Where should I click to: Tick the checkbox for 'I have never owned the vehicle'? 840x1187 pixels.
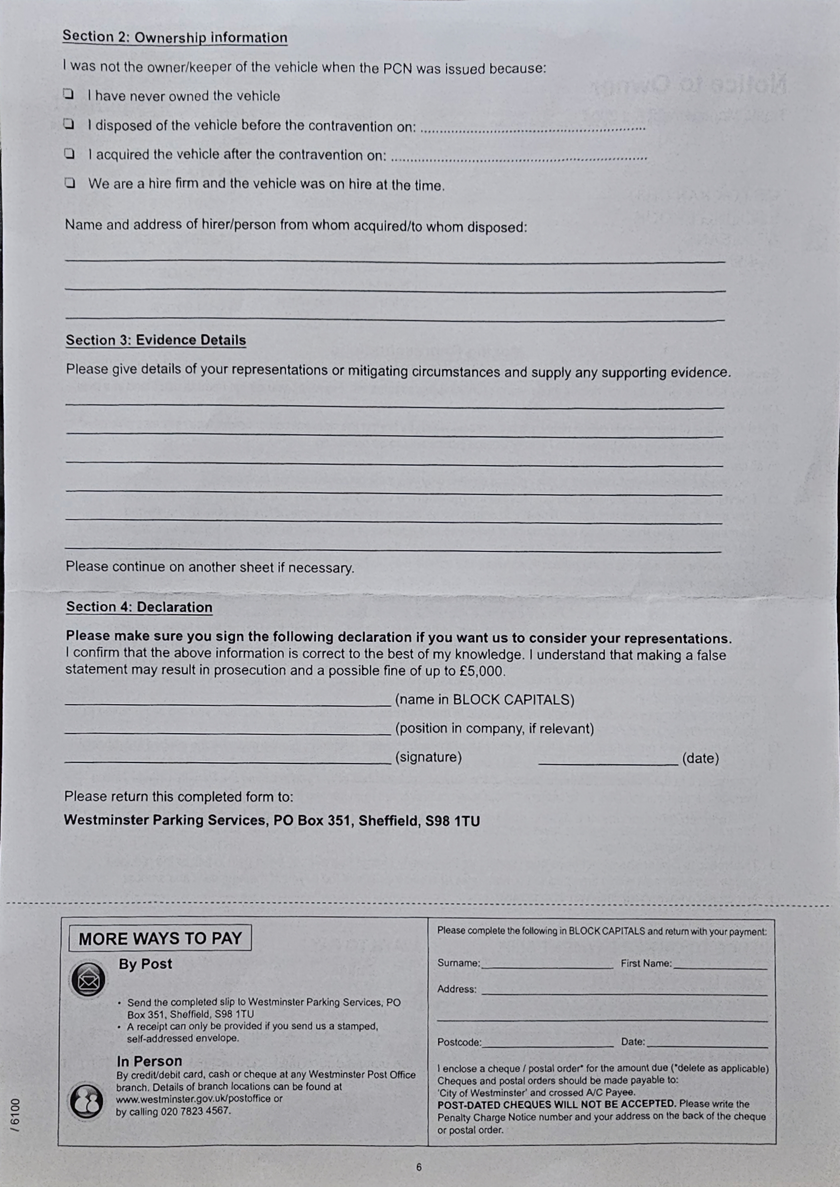(x=68, y=95)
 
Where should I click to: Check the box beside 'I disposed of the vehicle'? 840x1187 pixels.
(x=68, y=124)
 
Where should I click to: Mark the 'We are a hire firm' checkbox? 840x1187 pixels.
(x=69, y=183)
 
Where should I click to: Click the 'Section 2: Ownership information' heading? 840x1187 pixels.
(x=175, y=37)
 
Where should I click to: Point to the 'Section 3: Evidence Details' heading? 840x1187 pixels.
(x=156, y=340)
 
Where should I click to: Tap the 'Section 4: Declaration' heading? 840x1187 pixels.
(x=139, y=607)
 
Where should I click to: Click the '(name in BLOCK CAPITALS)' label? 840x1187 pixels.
(x=485, y=700)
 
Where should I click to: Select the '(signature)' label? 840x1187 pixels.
(x=428, y=757)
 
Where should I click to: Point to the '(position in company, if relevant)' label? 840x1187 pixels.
(x=495, y=729)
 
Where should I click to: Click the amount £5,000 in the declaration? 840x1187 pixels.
(x=481, y=671)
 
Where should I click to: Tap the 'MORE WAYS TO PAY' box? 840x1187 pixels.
(x=160, y=938)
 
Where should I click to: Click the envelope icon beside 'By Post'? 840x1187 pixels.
(x=88, y=980)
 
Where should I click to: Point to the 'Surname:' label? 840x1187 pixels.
(x=458, y=963)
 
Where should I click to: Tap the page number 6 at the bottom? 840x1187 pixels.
(x=419, y=1167)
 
